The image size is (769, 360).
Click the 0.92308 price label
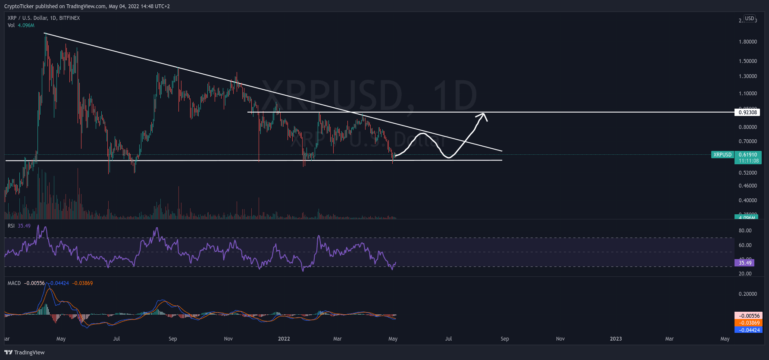click(x=747, y=113)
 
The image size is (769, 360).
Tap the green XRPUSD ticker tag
click(x=722, y=155)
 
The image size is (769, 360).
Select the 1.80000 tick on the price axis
click(x=747, y=42)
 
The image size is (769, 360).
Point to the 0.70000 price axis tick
click(x=747, y=141)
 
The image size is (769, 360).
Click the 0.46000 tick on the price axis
click(x=747, y=186)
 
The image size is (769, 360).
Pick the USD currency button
click(x=750, y=19)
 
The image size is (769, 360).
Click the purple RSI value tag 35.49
click(x=745, y=263)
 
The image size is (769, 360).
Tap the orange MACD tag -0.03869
click(x=748, y=323)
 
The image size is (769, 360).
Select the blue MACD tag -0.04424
click(x=748, y=330)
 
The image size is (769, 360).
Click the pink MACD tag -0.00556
click(x=748, y=316)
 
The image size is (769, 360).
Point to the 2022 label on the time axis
click(x=284, y=339)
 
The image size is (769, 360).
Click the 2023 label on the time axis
click(x=616, y=339)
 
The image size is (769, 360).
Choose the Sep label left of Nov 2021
click(x=173, y=339)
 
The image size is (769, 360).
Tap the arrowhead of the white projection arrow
click(x=484, y=115)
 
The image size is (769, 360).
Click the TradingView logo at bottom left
click(x=25, y=353)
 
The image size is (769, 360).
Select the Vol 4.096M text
click(x=21, y=25)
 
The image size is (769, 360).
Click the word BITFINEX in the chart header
click(x=69, y=18)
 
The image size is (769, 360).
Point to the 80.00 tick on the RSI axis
click(x=745, y=231)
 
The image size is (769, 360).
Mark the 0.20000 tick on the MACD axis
click(x=747, y=294)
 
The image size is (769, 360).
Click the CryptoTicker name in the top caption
click(x=19, y=6)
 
